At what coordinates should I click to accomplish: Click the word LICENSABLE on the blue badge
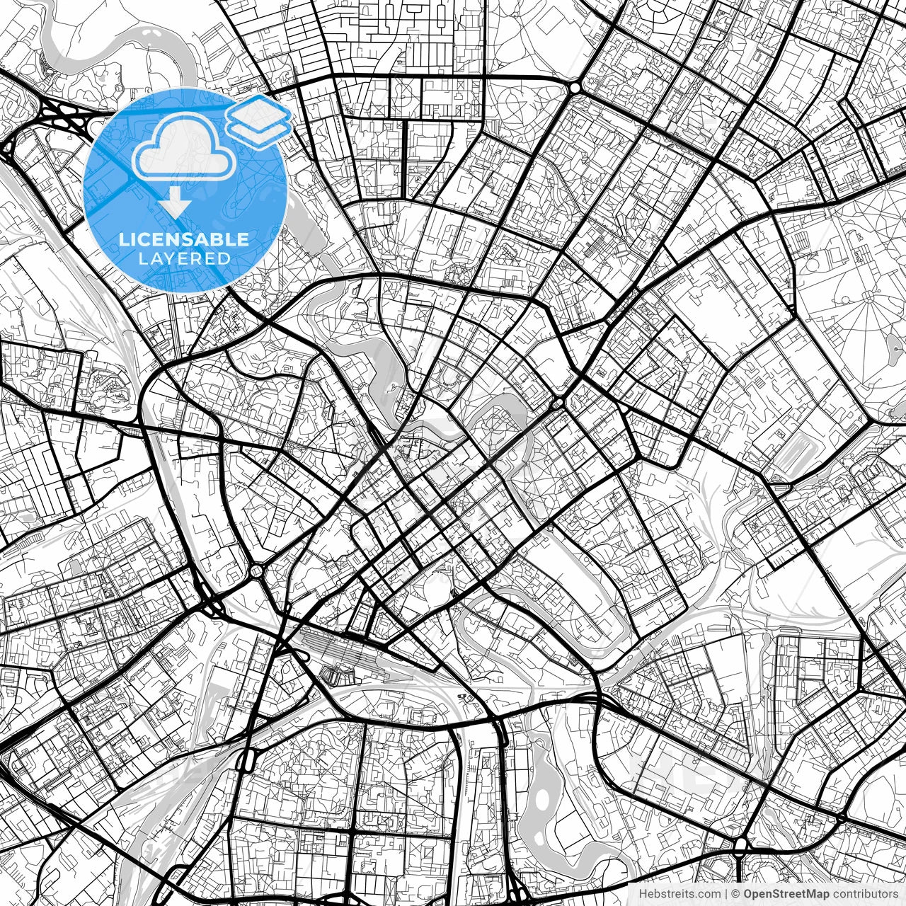coord(184,239)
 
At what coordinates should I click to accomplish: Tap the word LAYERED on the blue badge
coord(184,259)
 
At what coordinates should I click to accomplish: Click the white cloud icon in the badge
coord(184,147)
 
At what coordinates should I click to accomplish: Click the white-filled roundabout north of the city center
coord(574,87)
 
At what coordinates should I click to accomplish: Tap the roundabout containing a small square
coord(256,570)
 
